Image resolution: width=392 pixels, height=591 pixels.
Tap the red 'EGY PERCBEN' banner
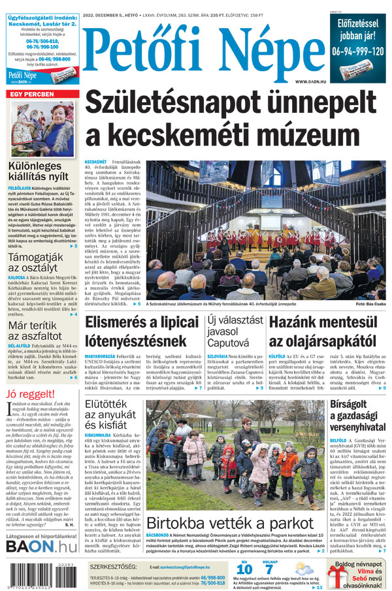(x=31, y=94)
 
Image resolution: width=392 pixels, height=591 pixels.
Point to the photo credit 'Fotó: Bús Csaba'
(x=370, y=304)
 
